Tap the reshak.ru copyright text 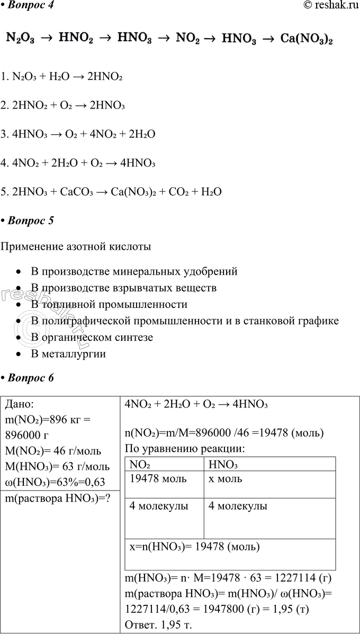point(328,6)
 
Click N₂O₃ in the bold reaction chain point(21,39)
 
